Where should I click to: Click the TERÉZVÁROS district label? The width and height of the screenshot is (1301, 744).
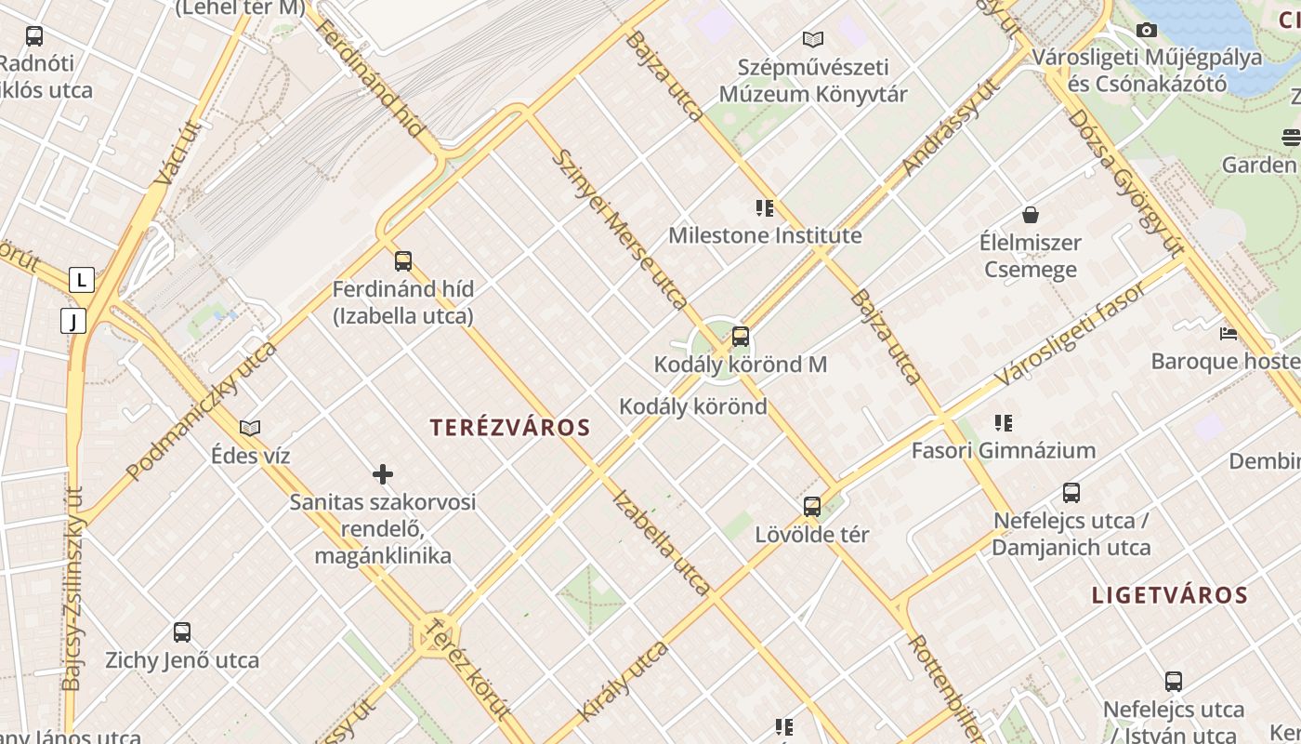coord(510,428)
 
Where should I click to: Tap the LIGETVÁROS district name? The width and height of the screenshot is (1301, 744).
coord(1169,595)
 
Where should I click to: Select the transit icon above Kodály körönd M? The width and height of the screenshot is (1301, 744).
coord(741,337)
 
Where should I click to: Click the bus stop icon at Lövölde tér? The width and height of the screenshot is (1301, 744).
coord(812,507)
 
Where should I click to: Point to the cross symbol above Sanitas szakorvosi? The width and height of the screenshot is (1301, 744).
coord(383,475)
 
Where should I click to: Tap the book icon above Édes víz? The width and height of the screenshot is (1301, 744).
coord(250,429)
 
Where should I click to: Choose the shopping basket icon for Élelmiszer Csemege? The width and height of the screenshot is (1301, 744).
coord(1030,216)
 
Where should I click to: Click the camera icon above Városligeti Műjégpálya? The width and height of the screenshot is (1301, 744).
coord(1148,31)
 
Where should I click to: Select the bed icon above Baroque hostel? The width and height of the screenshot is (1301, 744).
coord(1229,333)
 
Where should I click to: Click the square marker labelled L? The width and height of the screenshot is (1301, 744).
coord(82,279)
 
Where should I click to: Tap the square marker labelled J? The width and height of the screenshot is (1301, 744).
coord(72,322)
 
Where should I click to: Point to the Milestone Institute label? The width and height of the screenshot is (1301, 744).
coord(765,236)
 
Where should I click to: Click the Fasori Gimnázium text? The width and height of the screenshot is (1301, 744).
coord(1004,451)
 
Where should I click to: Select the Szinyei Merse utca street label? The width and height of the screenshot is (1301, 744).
coord(619,229)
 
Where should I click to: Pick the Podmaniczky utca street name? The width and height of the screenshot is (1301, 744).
coord(202,410)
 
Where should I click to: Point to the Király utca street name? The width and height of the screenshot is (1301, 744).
coord(623,681)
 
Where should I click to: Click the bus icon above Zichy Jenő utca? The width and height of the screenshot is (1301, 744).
coord(182,632)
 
